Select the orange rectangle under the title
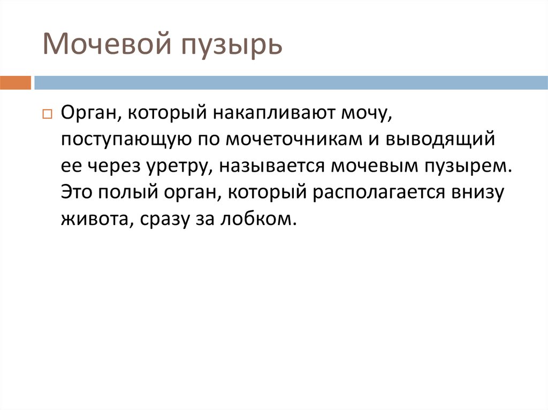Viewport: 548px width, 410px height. point(15,83)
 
